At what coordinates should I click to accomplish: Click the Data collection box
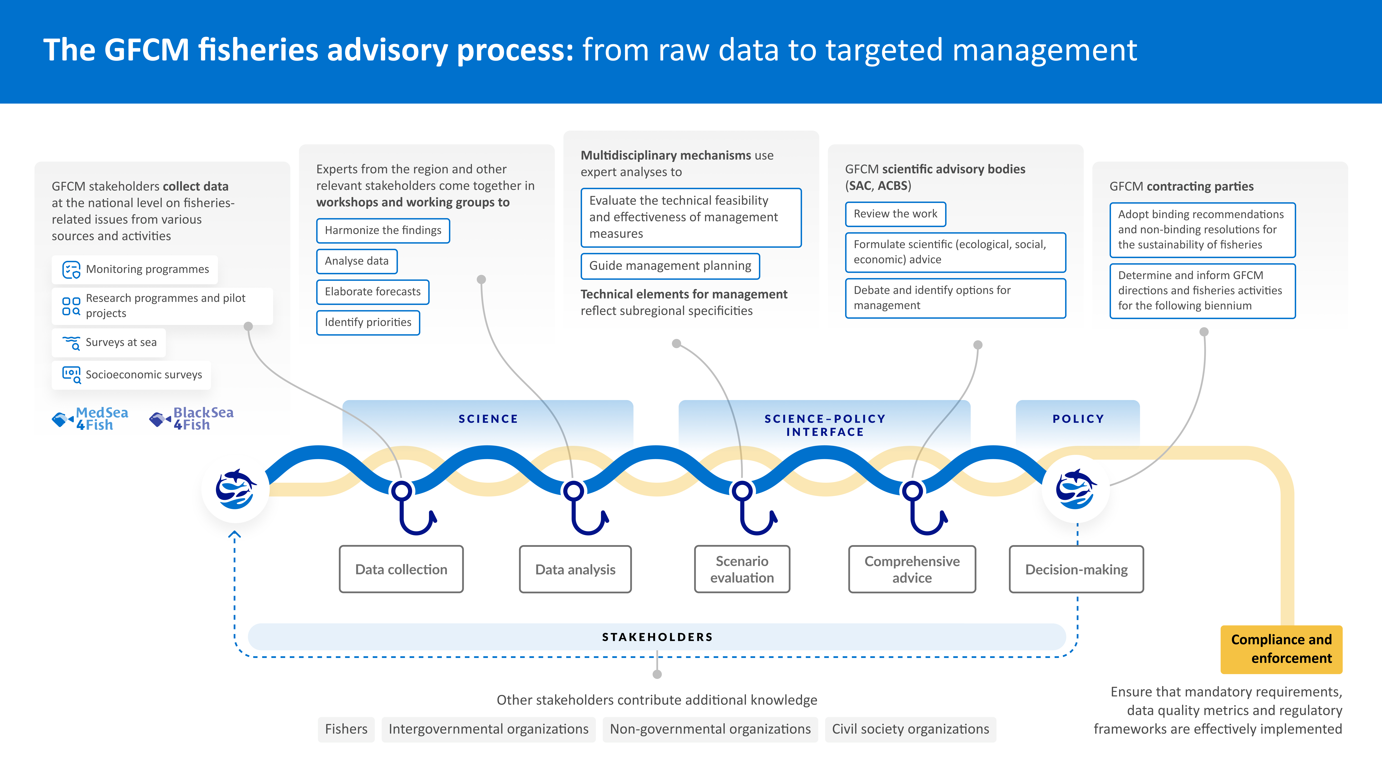401,569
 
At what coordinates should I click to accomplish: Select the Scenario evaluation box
742,569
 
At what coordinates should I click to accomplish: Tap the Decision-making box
1076,569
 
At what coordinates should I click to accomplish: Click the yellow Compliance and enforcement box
1281,649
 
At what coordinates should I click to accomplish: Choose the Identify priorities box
368,322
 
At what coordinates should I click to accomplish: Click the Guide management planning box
670,266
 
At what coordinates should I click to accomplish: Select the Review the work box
895,214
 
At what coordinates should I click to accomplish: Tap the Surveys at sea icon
71,343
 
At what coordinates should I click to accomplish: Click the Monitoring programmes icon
71,269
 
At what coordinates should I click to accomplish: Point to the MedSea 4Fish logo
90,418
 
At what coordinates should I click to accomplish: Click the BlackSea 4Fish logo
192,418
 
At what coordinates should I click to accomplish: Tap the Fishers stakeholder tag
346,729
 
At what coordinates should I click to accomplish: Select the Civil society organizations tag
910,729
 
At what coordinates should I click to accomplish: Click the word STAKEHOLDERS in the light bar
657,637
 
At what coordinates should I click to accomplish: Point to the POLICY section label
1078,419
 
